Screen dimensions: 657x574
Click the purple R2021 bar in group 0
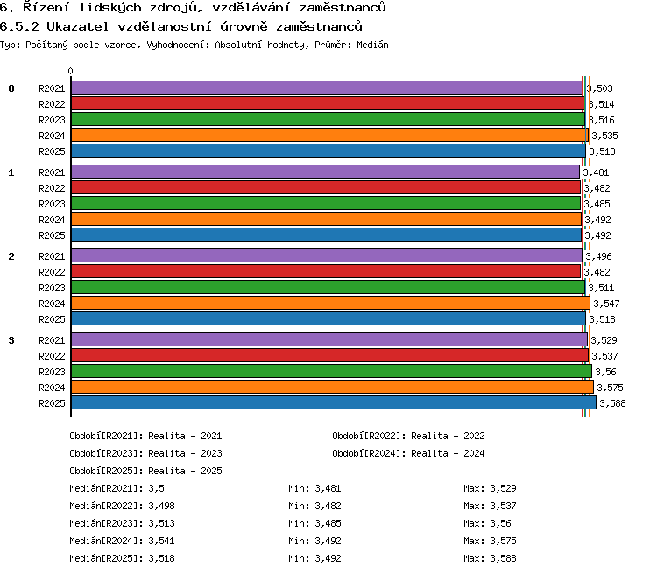pos(327,87)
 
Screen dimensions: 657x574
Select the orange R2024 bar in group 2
pos(330,303)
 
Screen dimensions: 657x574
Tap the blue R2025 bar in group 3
pos(334,402)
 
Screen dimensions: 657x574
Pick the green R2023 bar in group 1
pos(326,204)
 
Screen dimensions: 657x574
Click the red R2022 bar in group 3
pos(329,355)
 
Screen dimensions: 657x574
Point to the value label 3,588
pos(612,403)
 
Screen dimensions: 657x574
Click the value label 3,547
pos(606,304)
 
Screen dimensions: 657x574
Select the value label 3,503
pos(599,88)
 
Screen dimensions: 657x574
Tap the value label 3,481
pos(596,172)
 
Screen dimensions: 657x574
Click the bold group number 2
pos(11,256)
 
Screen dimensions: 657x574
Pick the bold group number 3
pos(11,340)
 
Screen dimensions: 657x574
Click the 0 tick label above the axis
pos(70,71)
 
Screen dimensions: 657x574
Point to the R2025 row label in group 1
pos(52,235)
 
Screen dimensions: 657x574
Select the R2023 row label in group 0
pos(52,120)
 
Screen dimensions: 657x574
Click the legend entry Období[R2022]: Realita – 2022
pos(408,437)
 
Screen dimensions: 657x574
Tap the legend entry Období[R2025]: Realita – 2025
pos(145,471)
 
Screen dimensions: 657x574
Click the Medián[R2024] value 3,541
pos(161,542)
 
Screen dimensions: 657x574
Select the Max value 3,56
pos(500,524)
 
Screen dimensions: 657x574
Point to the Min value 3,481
pos(328,488)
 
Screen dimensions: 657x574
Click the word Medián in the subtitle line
pos(372,45)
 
